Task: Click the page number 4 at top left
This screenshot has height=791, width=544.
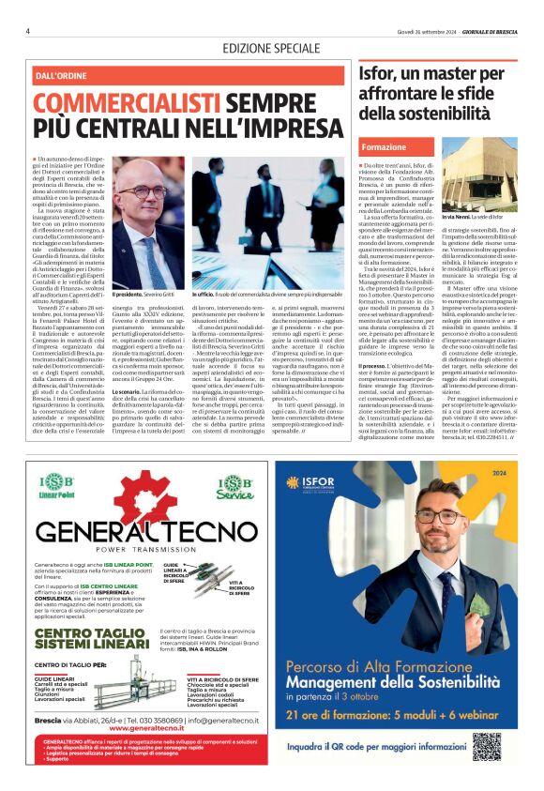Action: (x=28, y=31)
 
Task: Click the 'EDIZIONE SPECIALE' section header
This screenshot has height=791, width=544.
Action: (x=272, y=48)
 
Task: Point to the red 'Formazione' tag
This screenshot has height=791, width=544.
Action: (x=384, y=147)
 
